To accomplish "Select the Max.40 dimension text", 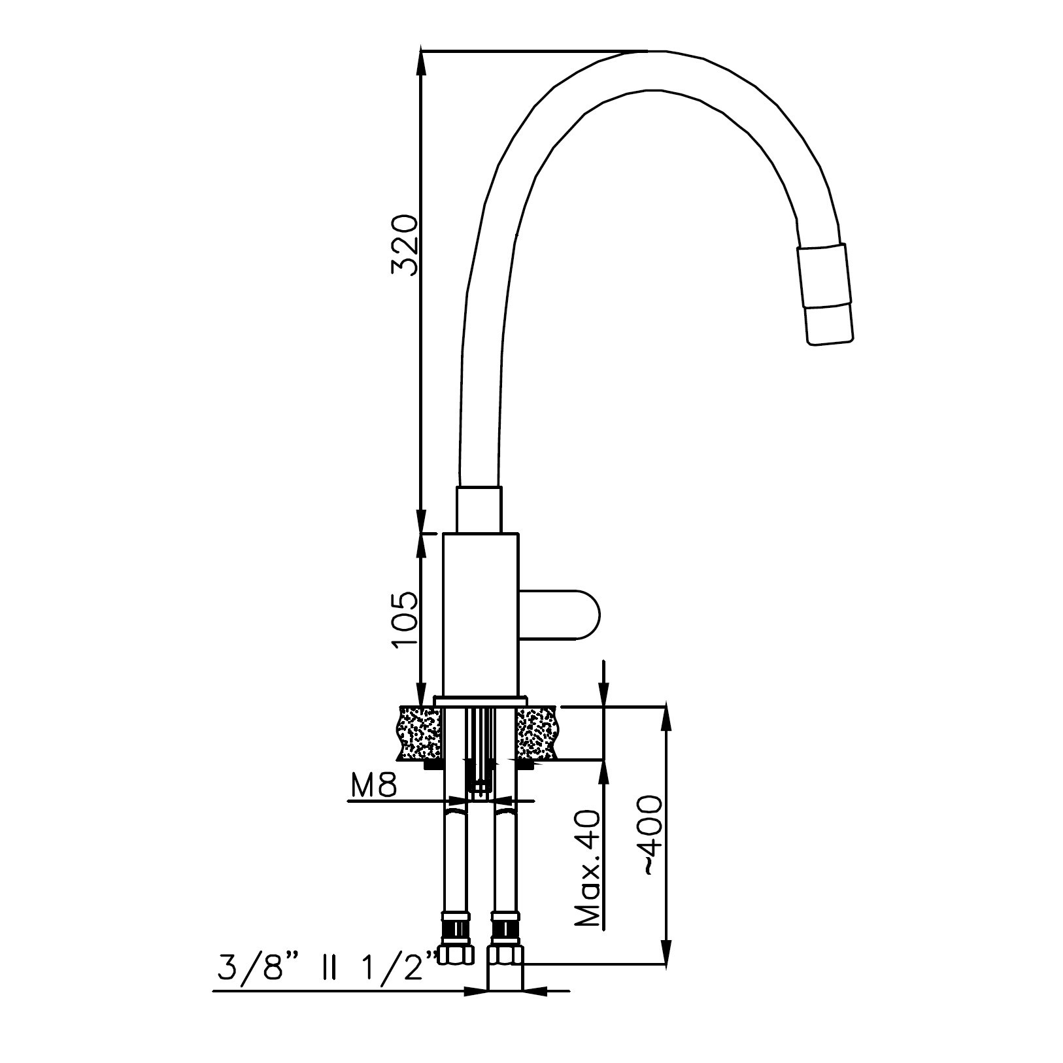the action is pos(588,869).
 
